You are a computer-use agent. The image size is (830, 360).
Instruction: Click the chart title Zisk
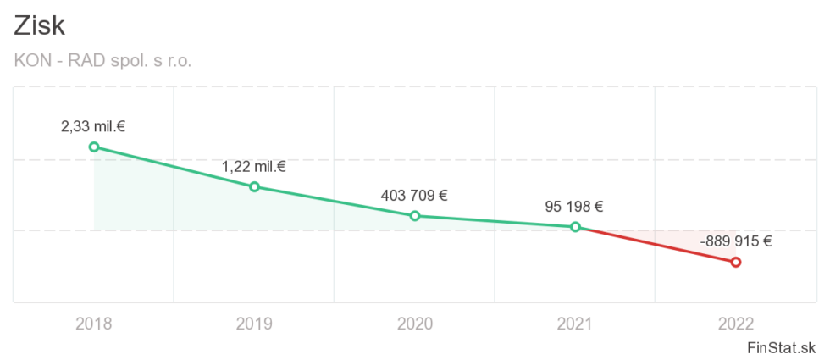[40, 26]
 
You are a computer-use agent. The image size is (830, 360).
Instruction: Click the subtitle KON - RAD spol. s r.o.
[104, 62]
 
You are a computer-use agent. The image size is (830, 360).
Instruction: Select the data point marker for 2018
[94, 147]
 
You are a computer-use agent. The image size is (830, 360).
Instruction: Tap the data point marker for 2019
[254, 186]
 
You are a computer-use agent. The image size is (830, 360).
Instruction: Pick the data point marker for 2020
[415, 216]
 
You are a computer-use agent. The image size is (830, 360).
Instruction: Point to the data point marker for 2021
[575, 227]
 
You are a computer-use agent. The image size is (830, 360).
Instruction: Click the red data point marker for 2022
[736, 262]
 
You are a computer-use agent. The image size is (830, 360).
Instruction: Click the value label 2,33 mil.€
[94, 127]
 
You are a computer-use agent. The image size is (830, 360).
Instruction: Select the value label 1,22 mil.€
[254, 167]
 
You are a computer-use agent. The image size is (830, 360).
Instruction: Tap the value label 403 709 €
[415, 196]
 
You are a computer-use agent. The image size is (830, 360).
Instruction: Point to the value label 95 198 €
[575, 207]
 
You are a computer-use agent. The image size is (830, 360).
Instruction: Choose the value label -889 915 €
[736, 241]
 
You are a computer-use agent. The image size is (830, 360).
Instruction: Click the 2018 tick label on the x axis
[94, 323]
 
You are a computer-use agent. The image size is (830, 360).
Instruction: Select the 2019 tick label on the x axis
[254, 323]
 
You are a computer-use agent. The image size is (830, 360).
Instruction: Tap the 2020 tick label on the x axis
[415, 323]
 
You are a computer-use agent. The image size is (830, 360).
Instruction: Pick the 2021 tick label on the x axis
[575, 323]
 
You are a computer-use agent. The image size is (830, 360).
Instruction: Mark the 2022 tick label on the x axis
[736, 323]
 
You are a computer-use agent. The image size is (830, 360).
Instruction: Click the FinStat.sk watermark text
[782, 347]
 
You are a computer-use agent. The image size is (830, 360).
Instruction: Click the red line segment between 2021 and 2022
[656, 245]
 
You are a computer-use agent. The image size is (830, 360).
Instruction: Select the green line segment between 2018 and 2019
[174, 167]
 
